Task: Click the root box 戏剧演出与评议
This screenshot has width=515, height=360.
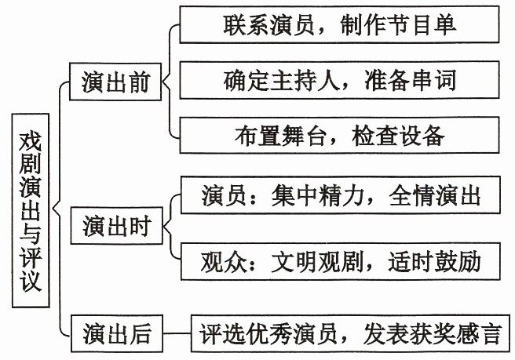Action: click(x=31, y=210)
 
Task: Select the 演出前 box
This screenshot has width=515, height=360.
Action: click(x=115, y=82)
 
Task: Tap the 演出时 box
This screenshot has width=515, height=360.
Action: click(x=117, y=226)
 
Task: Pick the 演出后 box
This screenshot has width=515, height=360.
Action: click(x=117, y=333)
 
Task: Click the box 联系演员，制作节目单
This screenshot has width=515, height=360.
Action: click(x=339, y=24)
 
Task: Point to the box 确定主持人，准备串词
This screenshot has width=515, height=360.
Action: click(x=339, y=80)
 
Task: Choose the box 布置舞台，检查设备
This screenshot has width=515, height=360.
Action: click(x=339, y=135)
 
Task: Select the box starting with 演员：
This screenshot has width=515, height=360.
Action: click(x=340, y=195)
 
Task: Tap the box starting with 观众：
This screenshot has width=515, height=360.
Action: click(x=340, y=261)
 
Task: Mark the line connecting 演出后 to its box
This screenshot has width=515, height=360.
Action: click(x=177, y=333)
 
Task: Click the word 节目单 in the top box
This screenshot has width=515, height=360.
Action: click(x=422, y=24)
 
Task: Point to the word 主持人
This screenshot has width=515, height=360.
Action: click(x=305, y=80)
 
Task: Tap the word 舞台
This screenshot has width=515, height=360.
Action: click(x=304, y=136)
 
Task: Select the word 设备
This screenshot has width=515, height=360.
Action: click(x=422, y=136)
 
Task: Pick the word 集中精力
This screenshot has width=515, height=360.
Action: click(x=318, y=195)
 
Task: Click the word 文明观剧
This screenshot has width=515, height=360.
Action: click(x=317, y=262)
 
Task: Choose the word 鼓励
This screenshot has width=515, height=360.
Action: click(x=458, y=261)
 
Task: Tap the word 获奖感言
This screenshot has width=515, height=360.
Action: click(x=456, y=334)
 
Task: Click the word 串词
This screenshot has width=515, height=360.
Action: click(x=434, y=80)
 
